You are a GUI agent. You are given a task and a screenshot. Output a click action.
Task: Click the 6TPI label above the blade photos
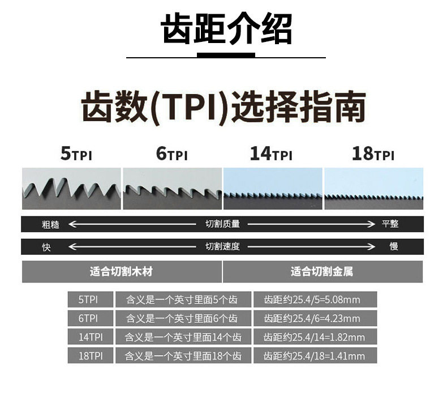172,154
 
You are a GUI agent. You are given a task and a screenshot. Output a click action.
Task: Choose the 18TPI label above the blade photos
372,154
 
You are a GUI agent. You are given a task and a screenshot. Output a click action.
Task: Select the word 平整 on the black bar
390,224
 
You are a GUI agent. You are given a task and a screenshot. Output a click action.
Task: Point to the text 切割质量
222,224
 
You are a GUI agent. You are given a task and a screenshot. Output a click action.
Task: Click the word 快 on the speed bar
46,247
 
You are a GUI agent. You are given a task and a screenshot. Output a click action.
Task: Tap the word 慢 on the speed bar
394,247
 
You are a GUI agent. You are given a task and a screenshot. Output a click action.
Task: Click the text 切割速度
222,247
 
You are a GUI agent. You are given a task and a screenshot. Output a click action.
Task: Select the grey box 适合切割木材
121,272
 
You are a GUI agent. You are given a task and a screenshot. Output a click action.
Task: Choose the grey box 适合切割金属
323,272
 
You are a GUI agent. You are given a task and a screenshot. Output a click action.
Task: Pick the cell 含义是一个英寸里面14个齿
183,338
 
